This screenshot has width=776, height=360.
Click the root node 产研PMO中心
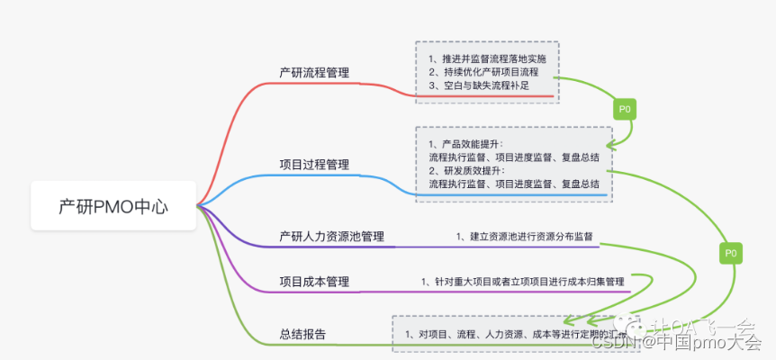(x=113, y=205)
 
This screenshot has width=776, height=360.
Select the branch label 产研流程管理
(x=314, y=73)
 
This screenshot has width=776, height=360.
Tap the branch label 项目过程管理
(x=314, y=165)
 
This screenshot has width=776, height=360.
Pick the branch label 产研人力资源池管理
(x=331, y=237)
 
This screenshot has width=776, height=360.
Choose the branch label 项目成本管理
(x=314, y=282)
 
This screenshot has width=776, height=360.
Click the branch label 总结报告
(x=302, y=335)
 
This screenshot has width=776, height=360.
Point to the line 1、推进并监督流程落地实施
(x=487, y=58)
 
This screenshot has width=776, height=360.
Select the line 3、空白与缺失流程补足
(x=478, y=85)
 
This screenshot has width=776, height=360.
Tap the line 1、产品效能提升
(x=466, y=144)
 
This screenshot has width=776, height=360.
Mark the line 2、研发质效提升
(x=466, y=170)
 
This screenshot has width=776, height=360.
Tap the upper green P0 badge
(x=624, y=109)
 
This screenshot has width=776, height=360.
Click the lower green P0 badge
(x=730, y=254)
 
